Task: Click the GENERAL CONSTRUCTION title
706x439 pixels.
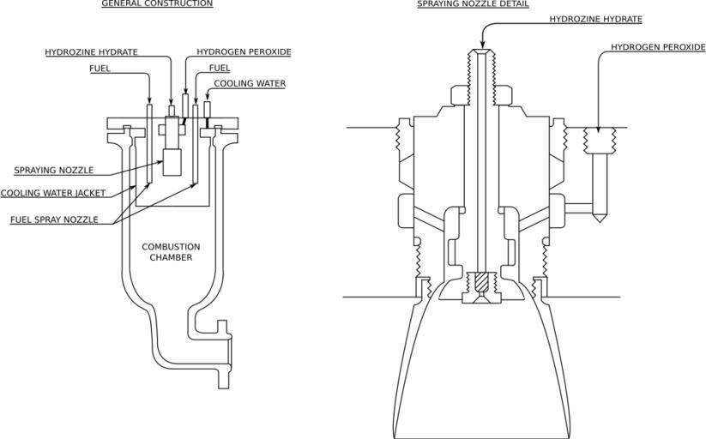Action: (157, 4)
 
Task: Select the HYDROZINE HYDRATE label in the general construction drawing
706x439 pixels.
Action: (91, 52)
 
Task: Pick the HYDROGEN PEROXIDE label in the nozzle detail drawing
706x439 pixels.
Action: (658, 48)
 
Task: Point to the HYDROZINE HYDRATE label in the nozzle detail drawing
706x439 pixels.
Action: (595, 19)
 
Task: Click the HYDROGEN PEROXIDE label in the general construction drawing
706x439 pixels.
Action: (244, 52)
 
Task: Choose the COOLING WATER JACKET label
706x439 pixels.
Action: (53, 193)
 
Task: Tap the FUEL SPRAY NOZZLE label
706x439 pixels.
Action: (53, 219)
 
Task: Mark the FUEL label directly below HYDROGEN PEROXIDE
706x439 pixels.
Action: (220, 68)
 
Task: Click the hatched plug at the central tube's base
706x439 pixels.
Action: (480, 280)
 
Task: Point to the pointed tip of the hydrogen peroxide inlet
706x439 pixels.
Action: (599, 220)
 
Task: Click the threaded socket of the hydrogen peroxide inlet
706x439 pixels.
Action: (599, 141)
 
